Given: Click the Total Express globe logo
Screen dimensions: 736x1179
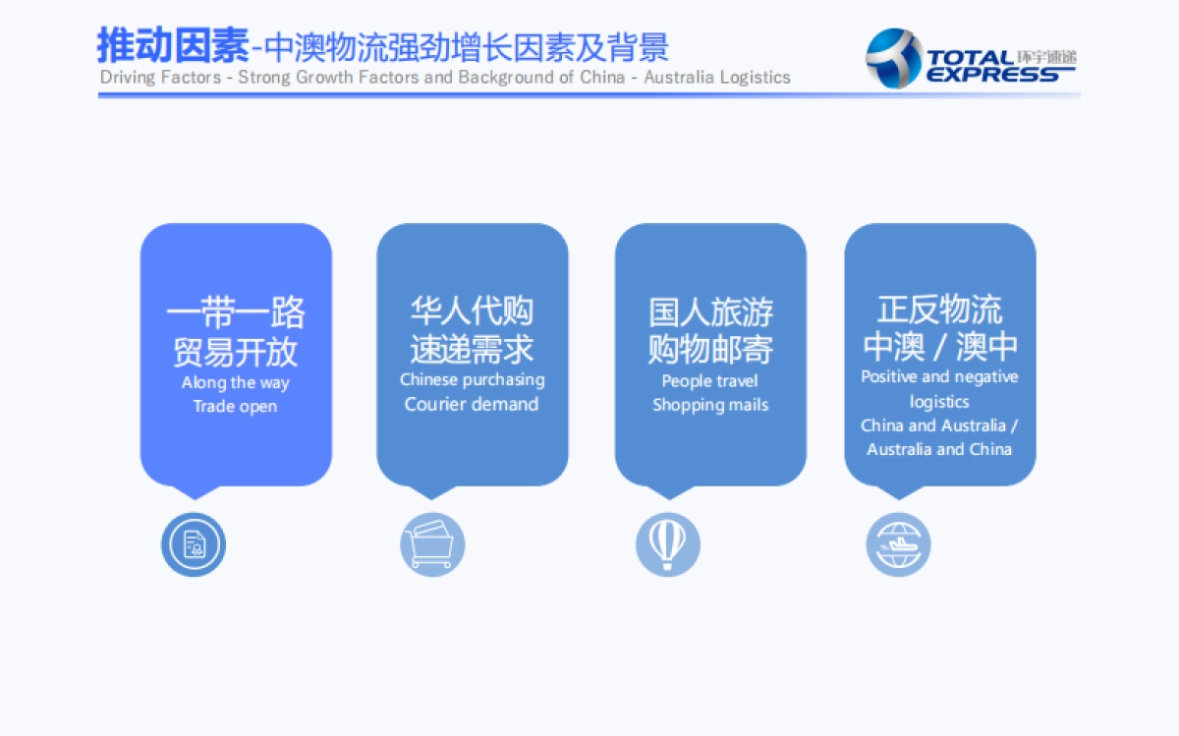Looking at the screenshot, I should click(893, 58).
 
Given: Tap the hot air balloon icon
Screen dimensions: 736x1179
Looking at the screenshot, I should click(668, 544).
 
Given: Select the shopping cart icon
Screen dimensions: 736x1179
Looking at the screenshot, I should click(432, 544).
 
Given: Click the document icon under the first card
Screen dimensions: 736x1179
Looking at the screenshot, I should click(194, 544).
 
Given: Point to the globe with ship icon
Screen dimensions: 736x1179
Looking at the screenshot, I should click(898, 544).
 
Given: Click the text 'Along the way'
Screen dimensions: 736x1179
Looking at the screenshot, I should click(236, 382).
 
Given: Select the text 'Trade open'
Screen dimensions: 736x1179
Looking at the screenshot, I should click(236, 406).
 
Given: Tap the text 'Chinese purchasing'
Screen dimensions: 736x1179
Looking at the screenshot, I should click(472, 379).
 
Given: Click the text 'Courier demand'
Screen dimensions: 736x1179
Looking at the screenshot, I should click(472, 404).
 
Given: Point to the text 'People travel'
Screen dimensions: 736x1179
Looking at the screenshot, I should click(709, 380).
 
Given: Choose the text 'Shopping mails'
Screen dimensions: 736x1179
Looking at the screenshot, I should click(709, 405).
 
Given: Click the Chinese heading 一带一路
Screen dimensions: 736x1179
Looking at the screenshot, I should click(236, 313).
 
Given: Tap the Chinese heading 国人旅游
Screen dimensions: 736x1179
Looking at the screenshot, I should click(709, 312).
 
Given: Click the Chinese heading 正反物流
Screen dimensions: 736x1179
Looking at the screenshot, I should click(939, 310).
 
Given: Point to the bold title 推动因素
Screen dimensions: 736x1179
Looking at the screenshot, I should click(173, 45).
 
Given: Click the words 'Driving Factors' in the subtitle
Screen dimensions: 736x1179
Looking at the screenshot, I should click(160, 77).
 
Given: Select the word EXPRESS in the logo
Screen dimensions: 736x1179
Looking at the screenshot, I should click(992, 75).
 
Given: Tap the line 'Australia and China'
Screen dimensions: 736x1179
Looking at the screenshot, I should click(939, 449).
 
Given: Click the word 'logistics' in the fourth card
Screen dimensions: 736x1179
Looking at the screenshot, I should click(939, 401).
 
